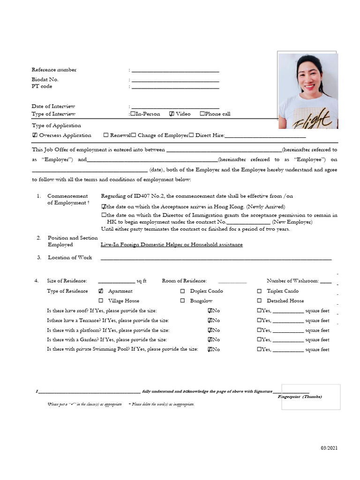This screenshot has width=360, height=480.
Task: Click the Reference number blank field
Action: (x=175, y=70)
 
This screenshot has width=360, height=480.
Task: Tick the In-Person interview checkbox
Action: (x=134, y=114)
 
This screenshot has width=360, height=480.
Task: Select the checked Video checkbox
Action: (x=172, y=114)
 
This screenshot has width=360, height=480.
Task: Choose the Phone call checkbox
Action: (x=202, y=114)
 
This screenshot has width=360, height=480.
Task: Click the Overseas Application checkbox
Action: (x=35, y=135)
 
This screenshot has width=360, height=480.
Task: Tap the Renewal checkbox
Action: (x=106, y=135)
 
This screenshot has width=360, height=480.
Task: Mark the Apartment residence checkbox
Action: (x=101, y=291)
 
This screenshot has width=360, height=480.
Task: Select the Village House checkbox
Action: (x=101, y=301)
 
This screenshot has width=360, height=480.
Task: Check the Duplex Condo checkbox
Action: (x=182, y=291)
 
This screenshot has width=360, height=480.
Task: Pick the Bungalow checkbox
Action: (x=182, y=301)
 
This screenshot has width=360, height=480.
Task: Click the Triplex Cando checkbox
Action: (x=259, y=291)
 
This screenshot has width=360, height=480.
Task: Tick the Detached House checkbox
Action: (x=259, y=301)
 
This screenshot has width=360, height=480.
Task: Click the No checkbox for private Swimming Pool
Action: (x=210, y=350)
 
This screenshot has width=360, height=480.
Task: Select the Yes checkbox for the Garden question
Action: (x=259, y=340)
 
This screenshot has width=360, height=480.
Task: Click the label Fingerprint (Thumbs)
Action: (x=300, y=397)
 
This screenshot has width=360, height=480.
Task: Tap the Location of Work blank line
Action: (x=216, y=258)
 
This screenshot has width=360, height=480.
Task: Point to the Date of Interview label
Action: (x=53, y=106)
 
